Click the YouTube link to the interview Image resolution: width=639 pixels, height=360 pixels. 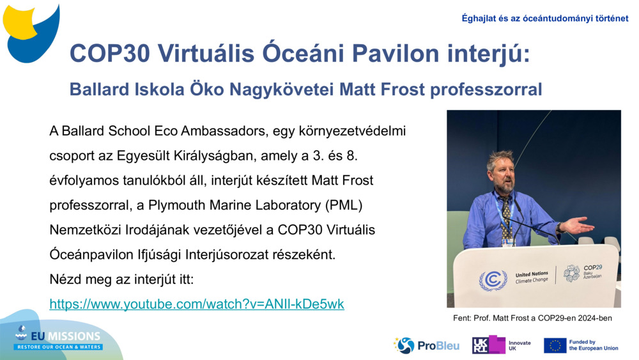coord(197,304)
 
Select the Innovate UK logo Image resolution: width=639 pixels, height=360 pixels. coord(501,345)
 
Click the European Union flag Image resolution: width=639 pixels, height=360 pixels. coord(555,345)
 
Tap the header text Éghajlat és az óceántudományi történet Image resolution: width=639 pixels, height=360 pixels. coord(545,19)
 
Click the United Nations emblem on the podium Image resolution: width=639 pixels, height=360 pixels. coord(493,279)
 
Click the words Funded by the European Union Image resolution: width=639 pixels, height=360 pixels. coord(594,345)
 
